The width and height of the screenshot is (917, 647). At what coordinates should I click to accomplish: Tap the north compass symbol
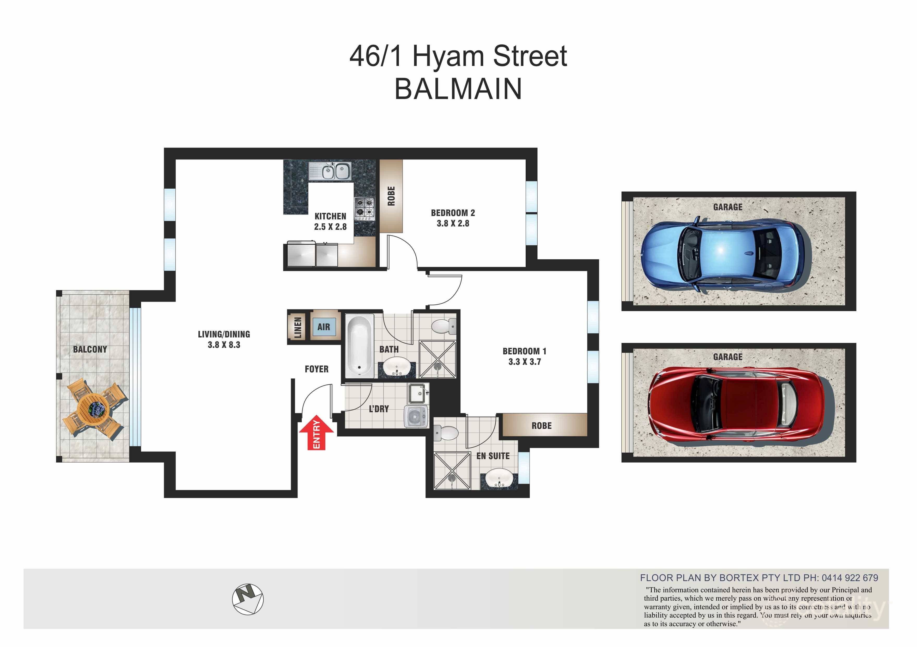(248, 599)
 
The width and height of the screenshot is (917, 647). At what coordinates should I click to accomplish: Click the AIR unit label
(324, 327)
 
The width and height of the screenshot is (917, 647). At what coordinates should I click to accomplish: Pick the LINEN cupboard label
(297, 327)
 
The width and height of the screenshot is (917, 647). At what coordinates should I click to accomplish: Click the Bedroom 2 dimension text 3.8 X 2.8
(453, 224)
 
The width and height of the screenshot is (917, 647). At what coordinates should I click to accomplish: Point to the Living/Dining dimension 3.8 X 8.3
(224, 345)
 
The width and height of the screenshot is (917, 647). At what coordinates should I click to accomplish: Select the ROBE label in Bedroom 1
(541, 426)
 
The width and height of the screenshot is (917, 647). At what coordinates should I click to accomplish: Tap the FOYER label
(316, 369)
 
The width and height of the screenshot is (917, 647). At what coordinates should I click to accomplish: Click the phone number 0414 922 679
(849, 577)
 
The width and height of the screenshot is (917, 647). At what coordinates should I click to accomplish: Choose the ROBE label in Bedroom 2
(391, 196)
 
